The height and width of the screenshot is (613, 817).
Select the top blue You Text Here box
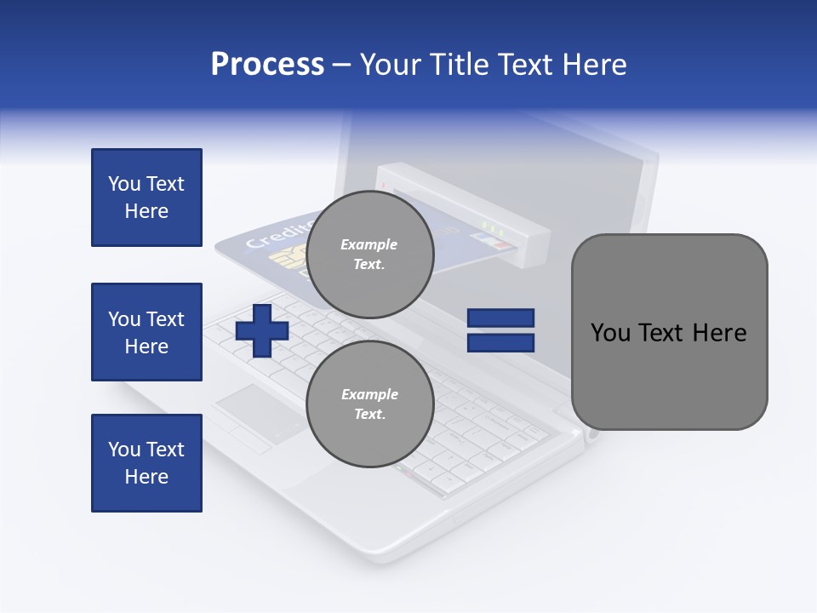pos(146,198)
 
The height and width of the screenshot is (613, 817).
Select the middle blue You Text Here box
pos(146,332)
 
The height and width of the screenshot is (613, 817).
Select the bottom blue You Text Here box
pos(146,463)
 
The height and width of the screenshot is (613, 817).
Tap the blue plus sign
pos(262,330)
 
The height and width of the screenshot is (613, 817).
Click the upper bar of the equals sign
pos(501,318)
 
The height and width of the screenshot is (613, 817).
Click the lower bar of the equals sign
pos(501,343)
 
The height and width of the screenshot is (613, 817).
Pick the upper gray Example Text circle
pos(370,255)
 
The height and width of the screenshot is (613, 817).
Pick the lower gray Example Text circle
pos(370,404)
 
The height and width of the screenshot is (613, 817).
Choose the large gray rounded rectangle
pos(669,332)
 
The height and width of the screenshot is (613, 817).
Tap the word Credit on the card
pos(271,236)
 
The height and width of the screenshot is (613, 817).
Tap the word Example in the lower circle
pos(369,394)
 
